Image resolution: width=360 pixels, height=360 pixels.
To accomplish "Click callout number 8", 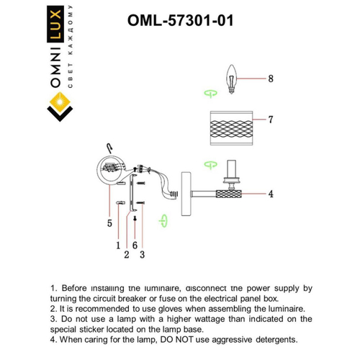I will click(x=271, y=79).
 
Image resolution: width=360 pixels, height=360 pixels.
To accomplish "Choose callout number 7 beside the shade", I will click(x=271, y=118).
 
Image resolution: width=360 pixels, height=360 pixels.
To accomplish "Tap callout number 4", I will click(x=271, y=194).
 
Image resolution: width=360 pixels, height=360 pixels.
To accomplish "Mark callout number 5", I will click(x=109, y=224).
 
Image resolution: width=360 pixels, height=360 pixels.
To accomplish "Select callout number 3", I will click(x=143, y=253).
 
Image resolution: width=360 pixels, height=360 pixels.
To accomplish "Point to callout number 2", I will click(x=126, y=253).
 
